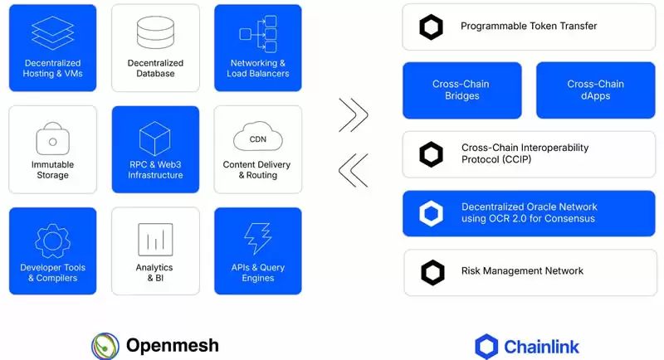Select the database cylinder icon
click(155, 32)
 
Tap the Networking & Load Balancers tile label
click(257, 69)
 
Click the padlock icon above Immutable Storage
click(52, 138)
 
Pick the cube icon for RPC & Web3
click(155, 136)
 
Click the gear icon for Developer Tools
click(52, 240)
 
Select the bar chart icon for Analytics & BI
click(155, 239)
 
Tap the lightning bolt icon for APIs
click(257, 239)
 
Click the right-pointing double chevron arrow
click(353, 115)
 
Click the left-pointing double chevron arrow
click(353, 169)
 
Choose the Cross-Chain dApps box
click(595, 90)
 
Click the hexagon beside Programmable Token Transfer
click(432, 27)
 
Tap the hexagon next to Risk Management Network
click(432, 272)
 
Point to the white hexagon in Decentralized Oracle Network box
click(432, 214)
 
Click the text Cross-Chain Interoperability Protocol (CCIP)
click(525, 153)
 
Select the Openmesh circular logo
click(105, 345)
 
